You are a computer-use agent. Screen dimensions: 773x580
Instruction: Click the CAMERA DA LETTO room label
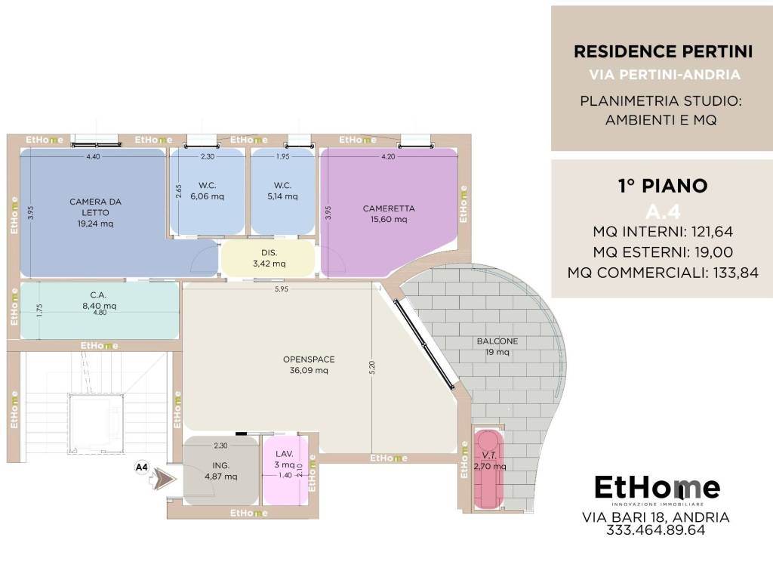click(95, 212)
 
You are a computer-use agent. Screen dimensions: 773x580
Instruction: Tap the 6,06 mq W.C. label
click(207, 191)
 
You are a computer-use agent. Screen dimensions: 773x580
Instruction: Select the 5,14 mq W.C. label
click(282, 191)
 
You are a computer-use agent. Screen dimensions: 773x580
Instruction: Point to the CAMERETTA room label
click(389, 214)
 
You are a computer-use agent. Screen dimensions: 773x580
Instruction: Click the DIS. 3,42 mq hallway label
click(269, 258)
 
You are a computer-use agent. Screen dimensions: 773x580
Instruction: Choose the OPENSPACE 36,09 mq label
click(309, 365)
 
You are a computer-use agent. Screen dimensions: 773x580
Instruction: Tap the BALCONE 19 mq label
click(497, 346)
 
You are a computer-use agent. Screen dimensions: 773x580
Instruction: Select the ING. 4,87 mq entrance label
click(221, 471)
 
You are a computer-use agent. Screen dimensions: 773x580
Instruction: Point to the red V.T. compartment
click(488, 468)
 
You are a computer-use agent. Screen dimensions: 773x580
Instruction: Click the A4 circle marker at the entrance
click(141, 467)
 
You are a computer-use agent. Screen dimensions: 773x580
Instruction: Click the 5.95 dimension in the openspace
click(282, 289)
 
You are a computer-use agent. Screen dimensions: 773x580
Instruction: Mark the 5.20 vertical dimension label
click(372, 368)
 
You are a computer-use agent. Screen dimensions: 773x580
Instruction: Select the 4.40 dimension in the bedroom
click(93, 156)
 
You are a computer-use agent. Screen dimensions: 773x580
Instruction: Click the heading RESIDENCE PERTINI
click(663, 51)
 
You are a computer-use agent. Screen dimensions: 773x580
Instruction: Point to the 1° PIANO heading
click(663, 186)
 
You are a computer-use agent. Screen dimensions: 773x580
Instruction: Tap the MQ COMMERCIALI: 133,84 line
click(663, 273)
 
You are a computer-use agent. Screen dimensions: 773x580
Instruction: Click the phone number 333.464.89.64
click(656, 530)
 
